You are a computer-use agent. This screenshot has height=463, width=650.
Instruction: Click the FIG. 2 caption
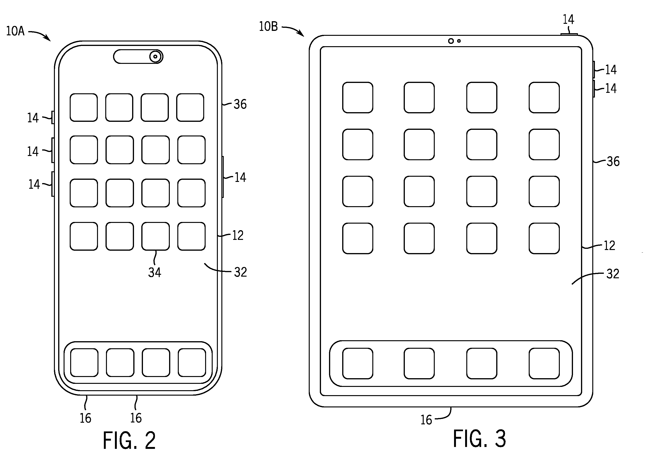click(129, 440)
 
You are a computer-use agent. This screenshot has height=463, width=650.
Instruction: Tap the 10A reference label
click(15, 31)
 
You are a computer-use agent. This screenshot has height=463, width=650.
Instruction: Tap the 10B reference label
click(268, 27)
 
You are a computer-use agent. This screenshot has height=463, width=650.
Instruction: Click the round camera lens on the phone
click(155, 57)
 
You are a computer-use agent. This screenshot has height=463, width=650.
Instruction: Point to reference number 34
click(154, 272)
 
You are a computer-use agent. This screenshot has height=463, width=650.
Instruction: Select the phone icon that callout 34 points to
click(156, 236)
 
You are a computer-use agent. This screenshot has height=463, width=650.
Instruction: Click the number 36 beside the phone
click(240, 104)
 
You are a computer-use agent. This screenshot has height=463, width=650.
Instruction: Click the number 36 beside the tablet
click(613, 162)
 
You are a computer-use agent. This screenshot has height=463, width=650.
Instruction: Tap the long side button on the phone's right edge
click(223, 177)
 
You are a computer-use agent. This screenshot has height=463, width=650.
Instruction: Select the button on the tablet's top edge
click(569, 34)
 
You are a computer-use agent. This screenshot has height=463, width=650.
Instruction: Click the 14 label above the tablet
click(568, 19)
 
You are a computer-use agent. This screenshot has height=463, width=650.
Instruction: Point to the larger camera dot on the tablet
click(451, 41)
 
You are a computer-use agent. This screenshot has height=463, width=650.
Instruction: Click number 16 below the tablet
click(426, 420)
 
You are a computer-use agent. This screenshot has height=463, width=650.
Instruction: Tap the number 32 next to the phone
click(240, 272)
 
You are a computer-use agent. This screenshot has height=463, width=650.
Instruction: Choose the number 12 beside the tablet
click(609, 246)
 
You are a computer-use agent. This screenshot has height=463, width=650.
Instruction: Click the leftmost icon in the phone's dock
click(84, 363)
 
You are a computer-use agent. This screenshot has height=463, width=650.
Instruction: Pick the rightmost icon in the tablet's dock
click(544, 364)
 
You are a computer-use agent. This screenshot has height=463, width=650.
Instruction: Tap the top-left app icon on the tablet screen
click(358, 98)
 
